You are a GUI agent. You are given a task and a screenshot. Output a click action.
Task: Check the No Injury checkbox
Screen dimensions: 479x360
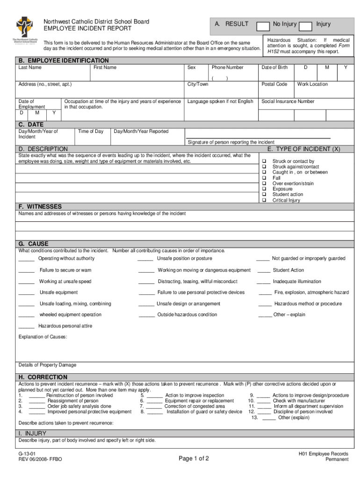[x=263, y=25]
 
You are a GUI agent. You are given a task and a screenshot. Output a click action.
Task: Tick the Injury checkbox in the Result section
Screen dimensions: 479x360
[x=305, y=25]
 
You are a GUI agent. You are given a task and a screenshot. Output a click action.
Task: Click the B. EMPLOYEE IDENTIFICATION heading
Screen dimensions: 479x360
[x=64, y=60]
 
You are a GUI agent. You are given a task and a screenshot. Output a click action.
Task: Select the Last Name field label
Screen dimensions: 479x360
[x=30, y=67]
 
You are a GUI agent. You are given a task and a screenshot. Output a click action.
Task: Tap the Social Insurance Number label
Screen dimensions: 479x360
[x=288, y=102]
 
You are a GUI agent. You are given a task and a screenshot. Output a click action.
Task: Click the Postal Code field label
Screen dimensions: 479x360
[x=274, y=84]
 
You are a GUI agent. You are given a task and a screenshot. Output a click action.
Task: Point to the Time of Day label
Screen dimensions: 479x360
[x=91, y=131]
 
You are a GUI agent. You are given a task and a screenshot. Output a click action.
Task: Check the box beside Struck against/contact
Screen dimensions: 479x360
[x=264, y=167]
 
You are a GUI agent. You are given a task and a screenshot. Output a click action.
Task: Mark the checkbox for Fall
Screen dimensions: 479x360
[x=264, y=178]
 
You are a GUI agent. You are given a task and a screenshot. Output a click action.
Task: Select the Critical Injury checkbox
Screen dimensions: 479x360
[x=264, y=200]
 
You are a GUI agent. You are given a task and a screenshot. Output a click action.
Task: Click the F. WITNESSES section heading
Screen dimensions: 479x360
[x=40, y=206]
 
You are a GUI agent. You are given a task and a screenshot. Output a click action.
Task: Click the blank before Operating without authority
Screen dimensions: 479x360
[x=26, y=259]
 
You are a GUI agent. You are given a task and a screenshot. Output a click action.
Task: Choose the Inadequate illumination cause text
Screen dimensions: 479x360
[x=297, y=282]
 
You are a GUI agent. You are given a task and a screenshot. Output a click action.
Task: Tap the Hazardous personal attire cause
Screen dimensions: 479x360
[x=65, y=326]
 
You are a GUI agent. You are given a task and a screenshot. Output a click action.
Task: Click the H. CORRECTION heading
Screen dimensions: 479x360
[x=43, y=377]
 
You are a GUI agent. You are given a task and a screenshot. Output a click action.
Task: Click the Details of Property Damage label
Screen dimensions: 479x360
[x=47, y=365]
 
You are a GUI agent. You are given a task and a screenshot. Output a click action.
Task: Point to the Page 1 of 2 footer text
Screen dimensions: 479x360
[x=194, y=458]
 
